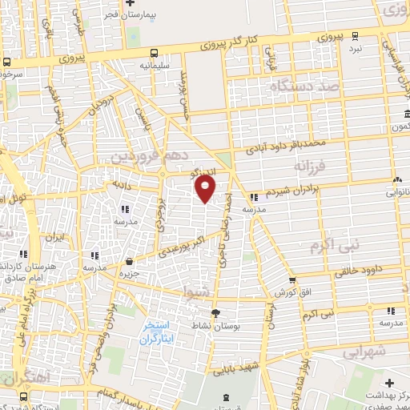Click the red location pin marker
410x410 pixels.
(x=206, y=189)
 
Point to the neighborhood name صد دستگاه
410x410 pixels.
(x=297, y=84)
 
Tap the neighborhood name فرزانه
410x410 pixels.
(x=312, y=167)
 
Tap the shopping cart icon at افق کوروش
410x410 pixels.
(x=292, y=281)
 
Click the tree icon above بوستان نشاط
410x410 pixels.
(x=215, y=313)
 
